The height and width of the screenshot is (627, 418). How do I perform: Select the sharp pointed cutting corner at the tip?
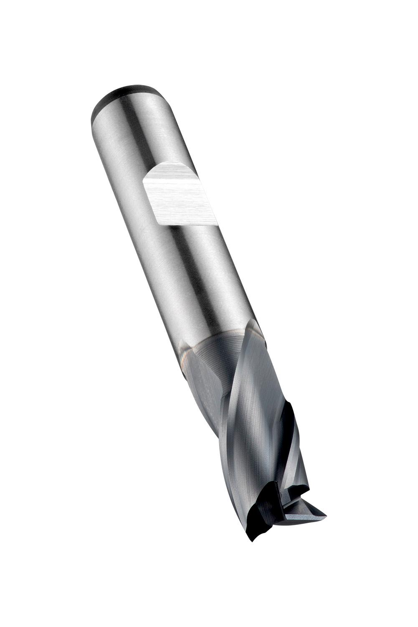click(326, 515)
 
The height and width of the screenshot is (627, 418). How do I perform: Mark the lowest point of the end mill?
click(253, 542)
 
